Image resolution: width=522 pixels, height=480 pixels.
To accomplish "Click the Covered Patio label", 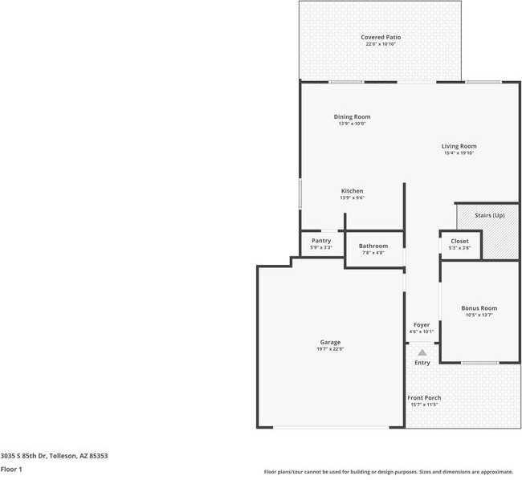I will coord(381,37).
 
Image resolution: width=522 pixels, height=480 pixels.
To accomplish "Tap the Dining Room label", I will coord(352,116).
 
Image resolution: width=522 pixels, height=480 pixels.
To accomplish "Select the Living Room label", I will coord(459,146).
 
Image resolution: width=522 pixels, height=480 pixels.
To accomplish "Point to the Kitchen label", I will coord(352,191).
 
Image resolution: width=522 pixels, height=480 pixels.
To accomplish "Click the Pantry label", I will coord(321,241).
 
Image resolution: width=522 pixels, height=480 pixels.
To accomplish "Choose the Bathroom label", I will coord(373,246).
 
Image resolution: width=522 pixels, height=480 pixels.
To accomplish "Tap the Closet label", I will coord(459,241).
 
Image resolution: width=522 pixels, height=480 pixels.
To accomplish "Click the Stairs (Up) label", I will coord(489,215).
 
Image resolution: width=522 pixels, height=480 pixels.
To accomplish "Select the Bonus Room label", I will coord(479,308).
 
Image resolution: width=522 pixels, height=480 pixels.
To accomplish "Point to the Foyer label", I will coord(422,325).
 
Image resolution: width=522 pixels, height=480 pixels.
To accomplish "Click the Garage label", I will coord(330,342).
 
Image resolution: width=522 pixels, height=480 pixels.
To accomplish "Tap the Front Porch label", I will coord(424,397).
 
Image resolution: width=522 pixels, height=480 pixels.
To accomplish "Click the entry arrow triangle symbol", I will coord(422,352).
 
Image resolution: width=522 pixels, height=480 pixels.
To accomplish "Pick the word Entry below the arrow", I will coord(422,363).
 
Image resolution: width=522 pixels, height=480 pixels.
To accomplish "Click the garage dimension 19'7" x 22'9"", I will coord(330,349).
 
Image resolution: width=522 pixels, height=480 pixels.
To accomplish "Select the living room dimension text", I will coord(459,153).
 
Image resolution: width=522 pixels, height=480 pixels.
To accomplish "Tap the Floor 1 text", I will coord(11,469).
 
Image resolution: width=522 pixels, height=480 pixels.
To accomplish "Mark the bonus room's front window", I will coord(479,363).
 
